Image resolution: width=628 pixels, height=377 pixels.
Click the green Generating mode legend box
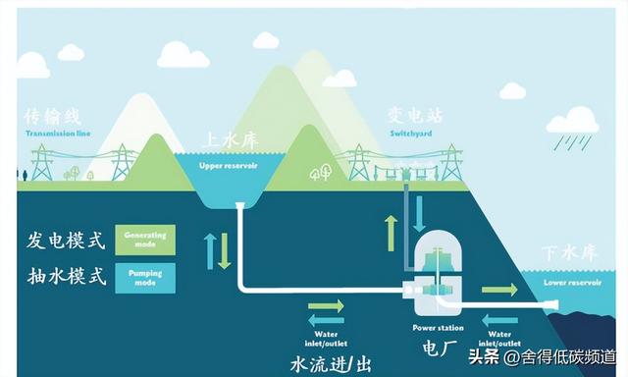coord(144,240)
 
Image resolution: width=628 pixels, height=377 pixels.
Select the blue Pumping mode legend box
coord(144,276)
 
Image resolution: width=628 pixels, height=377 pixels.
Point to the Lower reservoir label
coord(571,282)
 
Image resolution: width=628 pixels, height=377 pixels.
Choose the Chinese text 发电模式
coord(65,240)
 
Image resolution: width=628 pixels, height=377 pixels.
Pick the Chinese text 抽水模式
coord(65,276)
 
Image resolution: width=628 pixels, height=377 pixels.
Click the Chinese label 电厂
coord(440,347)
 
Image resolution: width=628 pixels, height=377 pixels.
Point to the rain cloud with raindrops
coord(573,128)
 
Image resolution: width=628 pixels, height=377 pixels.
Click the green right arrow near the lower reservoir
coord(499,291)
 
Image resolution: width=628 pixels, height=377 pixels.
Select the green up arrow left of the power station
coord(391,233)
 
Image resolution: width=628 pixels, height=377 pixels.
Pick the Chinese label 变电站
coord(415,116)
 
